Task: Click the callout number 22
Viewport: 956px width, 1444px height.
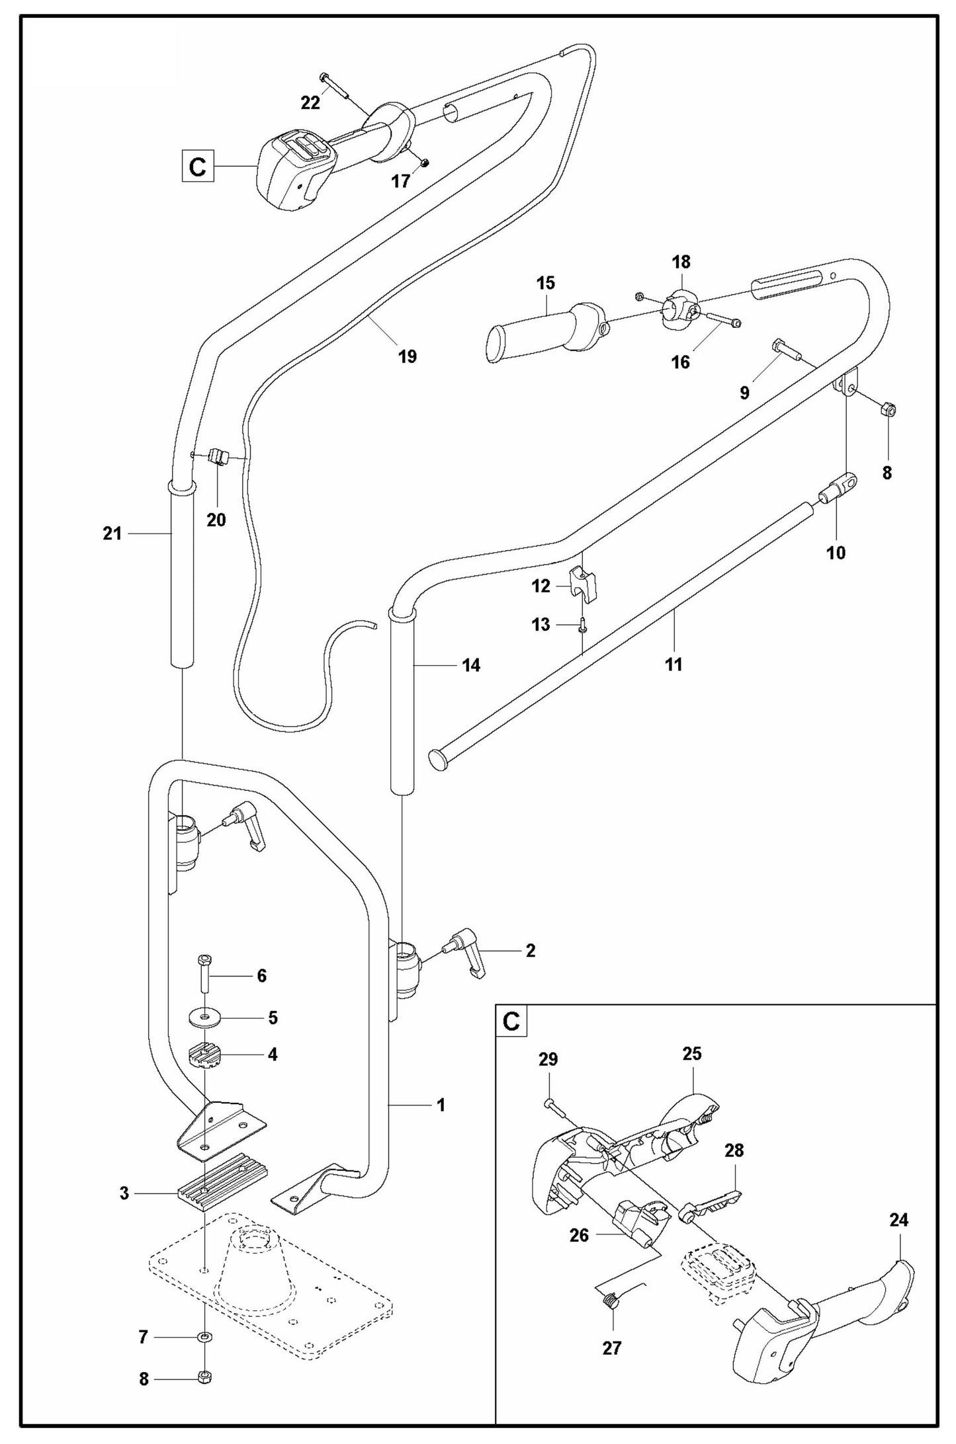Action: (310, 102)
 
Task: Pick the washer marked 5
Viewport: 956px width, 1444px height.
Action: (204, 1018)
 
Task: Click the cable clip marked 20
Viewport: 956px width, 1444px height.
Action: (217, 457)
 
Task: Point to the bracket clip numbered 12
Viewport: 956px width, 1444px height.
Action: (583, 582)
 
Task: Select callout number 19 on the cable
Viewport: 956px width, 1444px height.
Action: (408, 356)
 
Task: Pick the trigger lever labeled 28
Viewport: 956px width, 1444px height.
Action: (711, 1202)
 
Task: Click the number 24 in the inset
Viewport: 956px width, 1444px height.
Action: (898, 1221)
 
